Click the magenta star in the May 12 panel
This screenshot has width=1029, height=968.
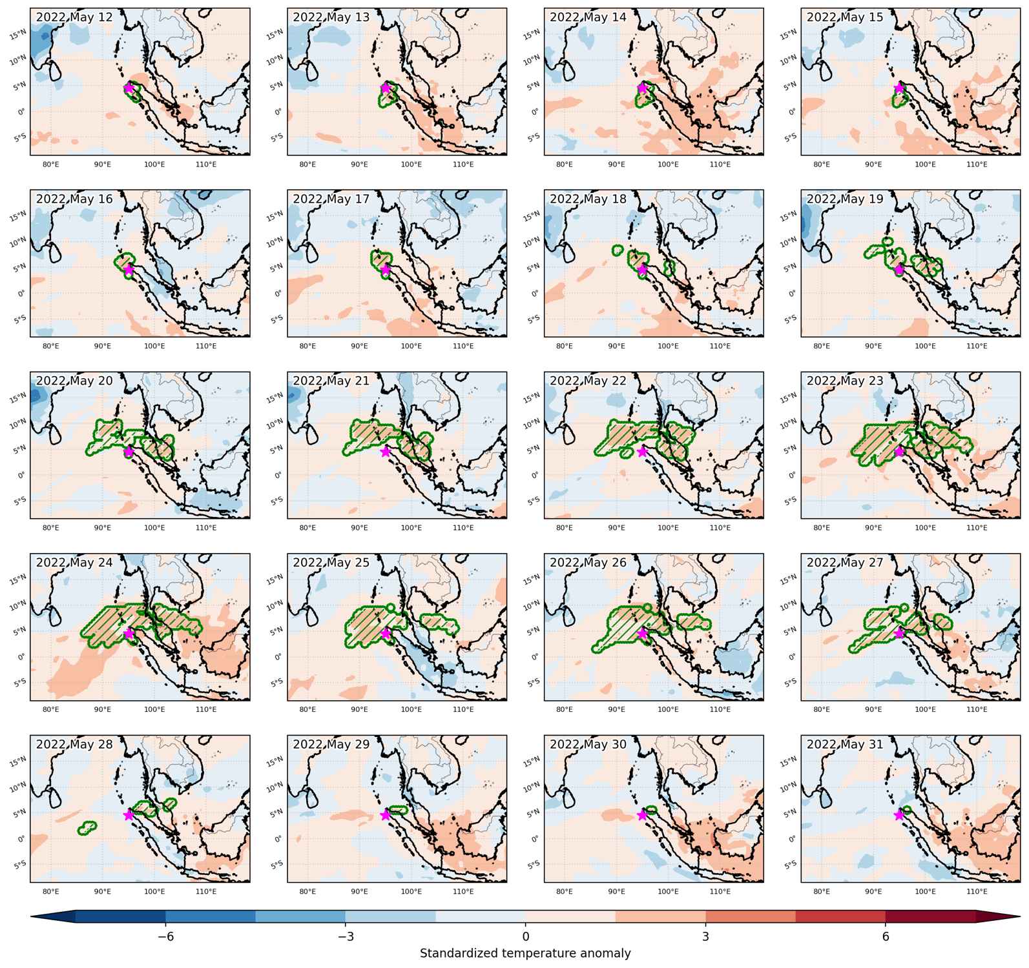[x=129, y=88]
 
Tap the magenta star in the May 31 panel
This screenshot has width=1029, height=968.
[x=899, y=815]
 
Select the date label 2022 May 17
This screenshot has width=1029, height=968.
[x=331, y=199]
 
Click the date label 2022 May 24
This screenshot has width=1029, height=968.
[x=74, y=563]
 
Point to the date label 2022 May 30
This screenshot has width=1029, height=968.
[x=588, y=745]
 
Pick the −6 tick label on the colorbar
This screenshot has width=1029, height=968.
[x=165, y=936]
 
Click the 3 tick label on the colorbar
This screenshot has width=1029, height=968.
[x=705, y=936]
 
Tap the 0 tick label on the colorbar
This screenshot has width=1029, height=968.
[x=526, y=936]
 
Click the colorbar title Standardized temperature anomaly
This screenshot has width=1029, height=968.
[x=525, y=954]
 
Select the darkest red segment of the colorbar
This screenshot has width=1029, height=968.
[x=930, y=917]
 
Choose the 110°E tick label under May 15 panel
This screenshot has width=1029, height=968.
[x=977, y=165]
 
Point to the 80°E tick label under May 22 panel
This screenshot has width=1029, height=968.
[x=564, y=528]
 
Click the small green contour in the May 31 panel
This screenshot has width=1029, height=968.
[x=907, y=811]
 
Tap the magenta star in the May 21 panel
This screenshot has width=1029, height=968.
[x=386, y=452]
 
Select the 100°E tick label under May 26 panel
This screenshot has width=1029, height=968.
[x=668, y=710]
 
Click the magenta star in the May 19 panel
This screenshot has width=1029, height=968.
[x=899, y=270]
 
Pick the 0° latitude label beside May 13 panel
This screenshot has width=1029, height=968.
[x=278, y=112]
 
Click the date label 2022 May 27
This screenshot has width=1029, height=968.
[x=845, y=563]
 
